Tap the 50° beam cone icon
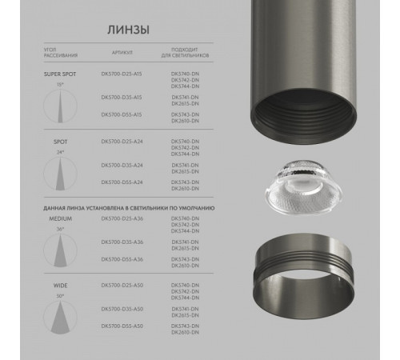pos(58,317)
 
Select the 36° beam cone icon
pos(58,248)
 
